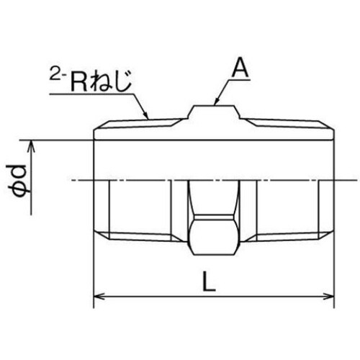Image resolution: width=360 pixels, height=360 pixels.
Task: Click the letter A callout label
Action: (239, 69)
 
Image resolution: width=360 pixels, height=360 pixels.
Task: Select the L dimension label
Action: (209, 284)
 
